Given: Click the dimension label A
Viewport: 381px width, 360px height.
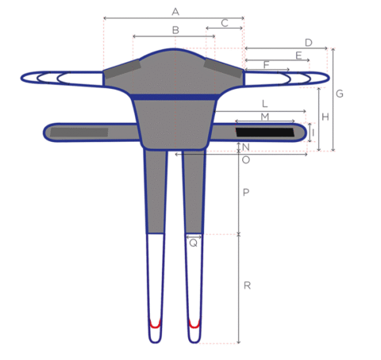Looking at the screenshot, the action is pyautogui.click(x=175, y=12).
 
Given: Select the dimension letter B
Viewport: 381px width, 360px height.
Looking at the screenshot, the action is pyautogui.click(x=175, y=30).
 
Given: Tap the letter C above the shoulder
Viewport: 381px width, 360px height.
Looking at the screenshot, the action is pyautogui.click(x=225, y=23).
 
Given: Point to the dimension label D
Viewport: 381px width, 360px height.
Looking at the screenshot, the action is pyautogui.click(x=309, y=43).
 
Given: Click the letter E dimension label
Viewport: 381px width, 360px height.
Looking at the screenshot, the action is pyautogui.click(x=298, y=56).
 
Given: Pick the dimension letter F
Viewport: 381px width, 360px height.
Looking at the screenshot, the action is pyautogui.click(x=266, y=65).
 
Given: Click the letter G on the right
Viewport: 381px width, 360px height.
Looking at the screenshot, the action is pyautogui.click(x=340, y=94).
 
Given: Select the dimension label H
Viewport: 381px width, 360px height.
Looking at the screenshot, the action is pyautogui.click(x=325, y=117).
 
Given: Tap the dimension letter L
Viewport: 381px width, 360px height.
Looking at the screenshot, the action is pyautogui.click(x=264, y=104).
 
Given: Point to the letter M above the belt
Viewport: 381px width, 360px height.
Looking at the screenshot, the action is pyautogui.click(x=265, y=117).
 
